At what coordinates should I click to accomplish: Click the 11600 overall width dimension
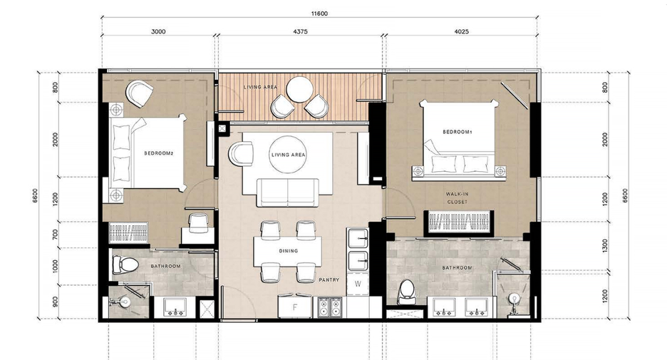[x=319, y=14]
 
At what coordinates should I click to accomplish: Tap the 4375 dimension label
[x=300, y=31]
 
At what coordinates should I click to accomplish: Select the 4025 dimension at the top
[x=462, y=31]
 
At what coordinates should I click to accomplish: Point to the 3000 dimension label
[x=158, y=31]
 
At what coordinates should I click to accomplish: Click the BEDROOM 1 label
[x=457, y=132]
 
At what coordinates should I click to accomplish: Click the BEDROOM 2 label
[x=159, y=153]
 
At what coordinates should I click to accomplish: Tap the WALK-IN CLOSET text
[x=457, y=198]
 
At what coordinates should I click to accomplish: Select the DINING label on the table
[x=289, y=251]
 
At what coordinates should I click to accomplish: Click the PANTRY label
[x=329, y=280]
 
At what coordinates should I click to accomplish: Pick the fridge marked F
[x=295, y=307]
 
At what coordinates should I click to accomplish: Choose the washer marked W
[x=358, y=284]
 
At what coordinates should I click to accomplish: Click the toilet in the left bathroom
[x=125, y=265]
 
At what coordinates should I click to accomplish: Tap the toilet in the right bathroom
[x=407, y=292]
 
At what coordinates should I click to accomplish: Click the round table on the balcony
[x=300, y=89]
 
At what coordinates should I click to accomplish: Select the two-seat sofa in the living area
[x=288, y=192]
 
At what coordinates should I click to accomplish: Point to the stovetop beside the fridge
[x=330, y=307]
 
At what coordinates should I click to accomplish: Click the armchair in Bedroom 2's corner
[x=139, y=94]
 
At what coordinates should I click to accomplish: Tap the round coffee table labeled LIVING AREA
[x=288, y=155]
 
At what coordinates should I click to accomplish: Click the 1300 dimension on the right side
[x=605, y=245]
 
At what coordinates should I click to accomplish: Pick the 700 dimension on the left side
[x=55, y=235]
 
